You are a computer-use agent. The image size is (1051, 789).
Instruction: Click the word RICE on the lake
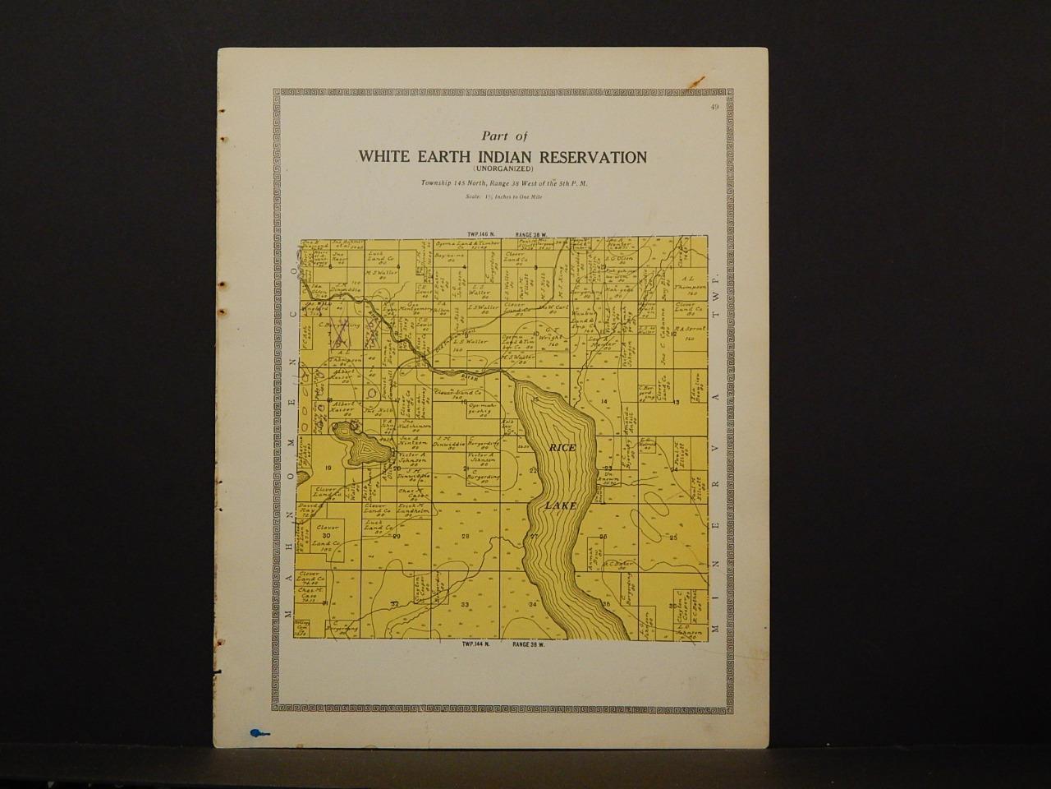562,446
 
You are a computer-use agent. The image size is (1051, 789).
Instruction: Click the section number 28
465,537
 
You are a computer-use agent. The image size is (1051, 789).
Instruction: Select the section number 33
465,604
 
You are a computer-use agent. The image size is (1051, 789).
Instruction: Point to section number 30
327,536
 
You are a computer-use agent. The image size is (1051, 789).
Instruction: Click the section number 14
604,401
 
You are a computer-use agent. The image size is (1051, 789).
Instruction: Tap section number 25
673,537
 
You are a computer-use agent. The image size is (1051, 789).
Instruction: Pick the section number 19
328,468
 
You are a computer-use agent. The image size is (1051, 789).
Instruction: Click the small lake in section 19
358,449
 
